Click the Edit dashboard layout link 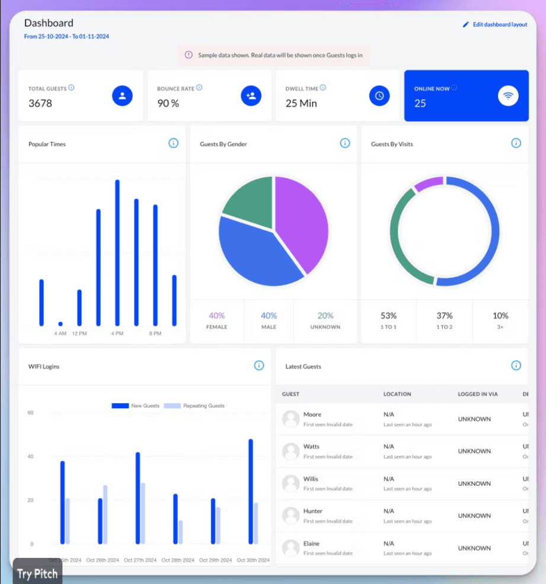495,25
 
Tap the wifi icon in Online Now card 508,95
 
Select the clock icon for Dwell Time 379,95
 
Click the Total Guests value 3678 40,103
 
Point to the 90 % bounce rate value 168,103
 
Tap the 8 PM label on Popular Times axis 155,333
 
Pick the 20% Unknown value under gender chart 325,316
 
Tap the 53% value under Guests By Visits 388,316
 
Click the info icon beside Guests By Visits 516,143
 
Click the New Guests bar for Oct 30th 251,492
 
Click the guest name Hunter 313,511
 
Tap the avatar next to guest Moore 290,419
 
